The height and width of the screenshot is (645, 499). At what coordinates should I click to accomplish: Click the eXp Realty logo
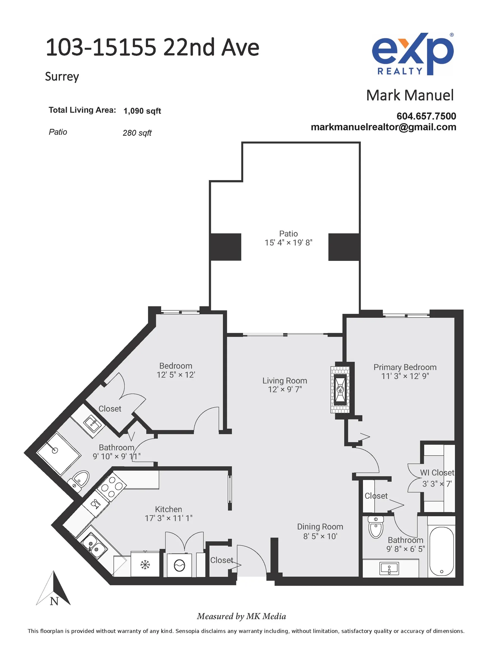point(413,54)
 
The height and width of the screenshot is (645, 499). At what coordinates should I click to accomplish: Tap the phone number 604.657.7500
point(426,116)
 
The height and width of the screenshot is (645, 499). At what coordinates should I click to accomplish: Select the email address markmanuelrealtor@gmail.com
point(383,127)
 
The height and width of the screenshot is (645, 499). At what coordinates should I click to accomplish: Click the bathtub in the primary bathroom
point(441,551)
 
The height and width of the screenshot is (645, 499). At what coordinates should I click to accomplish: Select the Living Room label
point(285,381)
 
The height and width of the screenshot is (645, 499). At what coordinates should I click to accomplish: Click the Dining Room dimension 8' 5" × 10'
point(320,536)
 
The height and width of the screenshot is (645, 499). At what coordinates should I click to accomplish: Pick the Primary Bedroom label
point(405,367)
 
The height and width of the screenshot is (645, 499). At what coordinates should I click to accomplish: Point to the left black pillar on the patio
point(226,247)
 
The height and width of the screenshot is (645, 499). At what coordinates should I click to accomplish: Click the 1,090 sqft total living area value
point(142,111)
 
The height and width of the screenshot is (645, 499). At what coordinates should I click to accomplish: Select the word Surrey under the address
point(62,77)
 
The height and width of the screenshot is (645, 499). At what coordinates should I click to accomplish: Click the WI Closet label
point(437,473)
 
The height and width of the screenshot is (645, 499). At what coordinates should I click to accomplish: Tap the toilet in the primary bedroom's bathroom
point(376,527)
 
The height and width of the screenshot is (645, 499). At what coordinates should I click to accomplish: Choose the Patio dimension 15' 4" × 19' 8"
point(289,243)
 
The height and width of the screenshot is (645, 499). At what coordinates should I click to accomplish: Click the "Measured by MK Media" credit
point(242,616)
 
